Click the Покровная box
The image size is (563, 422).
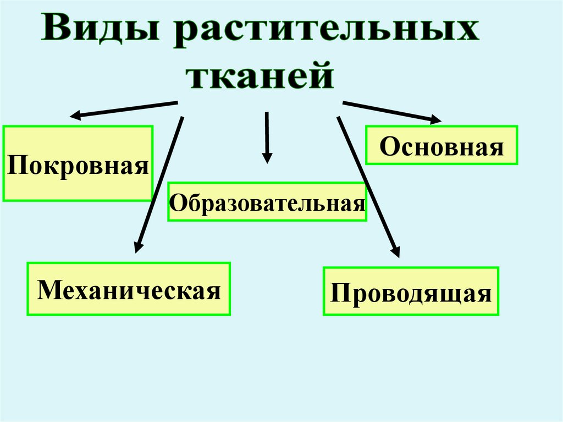(78, 163)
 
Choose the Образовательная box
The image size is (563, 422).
(267, 202)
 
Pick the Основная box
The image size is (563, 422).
(441, 145)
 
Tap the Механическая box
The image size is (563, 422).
(129, 288)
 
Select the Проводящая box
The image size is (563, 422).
(411, 291)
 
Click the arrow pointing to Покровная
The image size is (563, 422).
(124, 109)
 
